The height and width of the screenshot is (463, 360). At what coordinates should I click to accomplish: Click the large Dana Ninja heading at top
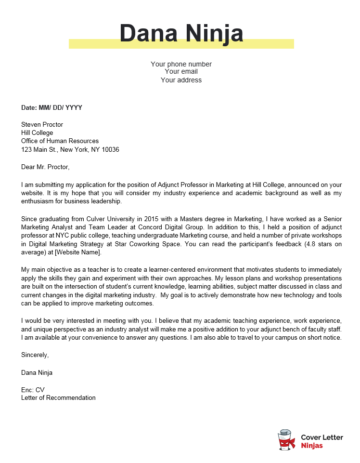tap(180, 35)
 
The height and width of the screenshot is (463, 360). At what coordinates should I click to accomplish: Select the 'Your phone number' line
tap(180, 64)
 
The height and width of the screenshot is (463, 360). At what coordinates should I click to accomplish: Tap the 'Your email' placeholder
tap(180, 72)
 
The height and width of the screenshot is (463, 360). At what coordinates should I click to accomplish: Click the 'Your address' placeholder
tap(180, 80)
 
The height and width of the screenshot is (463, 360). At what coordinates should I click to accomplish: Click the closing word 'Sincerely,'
tap(37, 355)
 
